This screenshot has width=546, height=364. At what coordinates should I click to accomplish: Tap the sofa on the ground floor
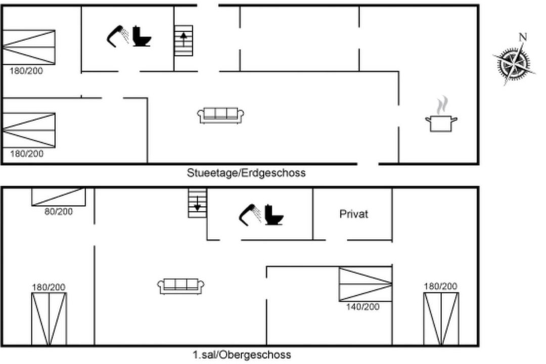(221, 115)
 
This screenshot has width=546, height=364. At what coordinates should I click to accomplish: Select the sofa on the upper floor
(180, 286)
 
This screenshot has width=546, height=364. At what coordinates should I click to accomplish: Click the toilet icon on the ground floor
(142, 36)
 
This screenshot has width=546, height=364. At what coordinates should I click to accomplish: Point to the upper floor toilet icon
(274, 214)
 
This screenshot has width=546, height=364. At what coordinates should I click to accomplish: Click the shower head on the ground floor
(117, 36)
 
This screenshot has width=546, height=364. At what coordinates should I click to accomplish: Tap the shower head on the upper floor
(250, 215)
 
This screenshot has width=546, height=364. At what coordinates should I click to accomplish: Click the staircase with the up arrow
(184, 40)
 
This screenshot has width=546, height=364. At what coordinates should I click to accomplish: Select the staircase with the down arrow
(198, 203)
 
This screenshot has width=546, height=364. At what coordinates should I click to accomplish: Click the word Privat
(353, 214)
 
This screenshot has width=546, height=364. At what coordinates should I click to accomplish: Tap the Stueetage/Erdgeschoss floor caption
(246, 173)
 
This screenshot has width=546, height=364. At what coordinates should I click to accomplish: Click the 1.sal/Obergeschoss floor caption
(242, 354)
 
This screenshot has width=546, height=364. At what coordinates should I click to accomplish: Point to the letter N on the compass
(523, 36)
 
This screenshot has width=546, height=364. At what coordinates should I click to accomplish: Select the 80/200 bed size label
(59, 211)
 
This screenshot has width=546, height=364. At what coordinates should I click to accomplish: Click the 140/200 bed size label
(362, 306)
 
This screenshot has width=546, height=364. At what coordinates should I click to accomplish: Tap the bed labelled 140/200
(366, 284)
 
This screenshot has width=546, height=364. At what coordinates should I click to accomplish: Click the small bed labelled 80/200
(59, 197)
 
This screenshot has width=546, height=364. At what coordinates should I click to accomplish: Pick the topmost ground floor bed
(28, 47)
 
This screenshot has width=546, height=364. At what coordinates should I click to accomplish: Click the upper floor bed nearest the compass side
(441, 318)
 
